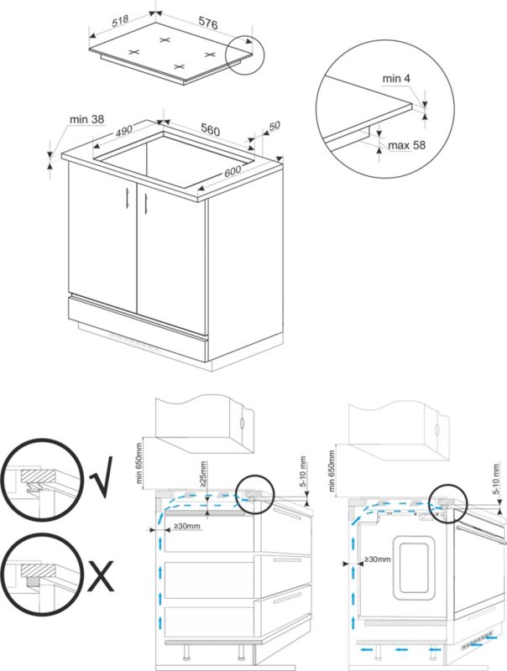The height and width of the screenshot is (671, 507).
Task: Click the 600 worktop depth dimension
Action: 232,171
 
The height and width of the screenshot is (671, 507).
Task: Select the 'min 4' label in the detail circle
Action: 395,78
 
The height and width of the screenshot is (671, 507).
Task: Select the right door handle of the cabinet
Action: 144,202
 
